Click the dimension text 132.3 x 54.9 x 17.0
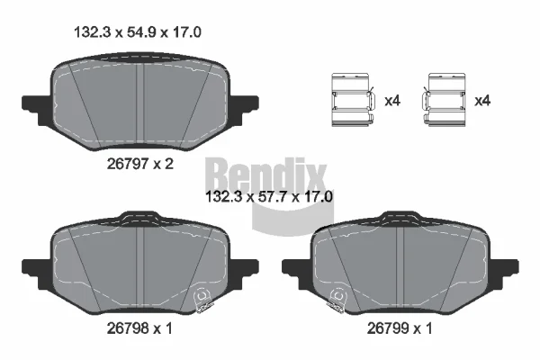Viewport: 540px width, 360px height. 138,32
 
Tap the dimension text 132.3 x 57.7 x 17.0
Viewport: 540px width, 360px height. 268,197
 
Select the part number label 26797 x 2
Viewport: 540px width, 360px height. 139,164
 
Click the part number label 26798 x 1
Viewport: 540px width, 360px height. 139,328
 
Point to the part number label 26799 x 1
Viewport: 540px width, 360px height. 399,328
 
